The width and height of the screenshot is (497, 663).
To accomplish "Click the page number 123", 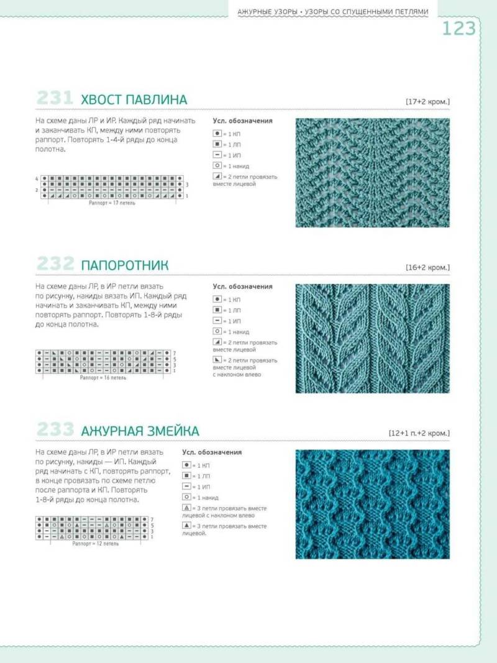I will click(459, 29).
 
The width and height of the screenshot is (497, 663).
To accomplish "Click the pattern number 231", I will click(55, 99).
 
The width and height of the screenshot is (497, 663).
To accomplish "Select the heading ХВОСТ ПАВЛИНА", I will click(134, 100).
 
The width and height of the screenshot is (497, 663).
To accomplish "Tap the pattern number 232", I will click(55, 265).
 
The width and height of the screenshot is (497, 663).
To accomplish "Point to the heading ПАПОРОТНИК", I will click(125, 266).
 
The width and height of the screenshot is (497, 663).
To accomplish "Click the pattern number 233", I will click(55, 430).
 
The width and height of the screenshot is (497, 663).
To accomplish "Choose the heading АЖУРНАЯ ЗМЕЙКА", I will click(140, 431).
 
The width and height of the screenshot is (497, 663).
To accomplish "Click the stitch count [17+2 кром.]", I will click(427, 101).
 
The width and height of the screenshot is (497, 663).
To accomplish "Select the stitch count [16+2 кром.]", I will click(427, 267).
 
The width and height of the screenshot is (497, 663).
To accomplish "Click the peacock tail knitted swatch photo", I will click(372, 172).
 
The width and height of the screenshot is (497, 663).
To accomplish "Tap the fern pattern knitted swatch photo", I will click(372, 338).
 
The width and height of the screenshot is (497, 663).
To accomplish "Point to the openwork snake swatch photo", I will click(372, 503).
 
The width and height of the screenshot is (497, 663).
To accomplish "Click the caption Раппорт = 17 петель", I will click(112, 203).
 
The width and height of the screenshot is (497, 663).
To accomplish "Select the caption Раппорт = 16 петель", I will click(103, 377).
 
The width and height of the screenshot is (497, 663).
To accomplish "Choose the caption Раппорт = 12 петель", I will click(95, 543).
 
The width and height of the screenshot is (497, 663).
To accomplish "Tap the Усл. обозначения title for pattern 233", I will click(212, 452).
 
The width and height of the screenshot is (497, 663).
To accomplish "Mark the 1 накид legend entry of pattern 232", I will click(235, 332).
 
